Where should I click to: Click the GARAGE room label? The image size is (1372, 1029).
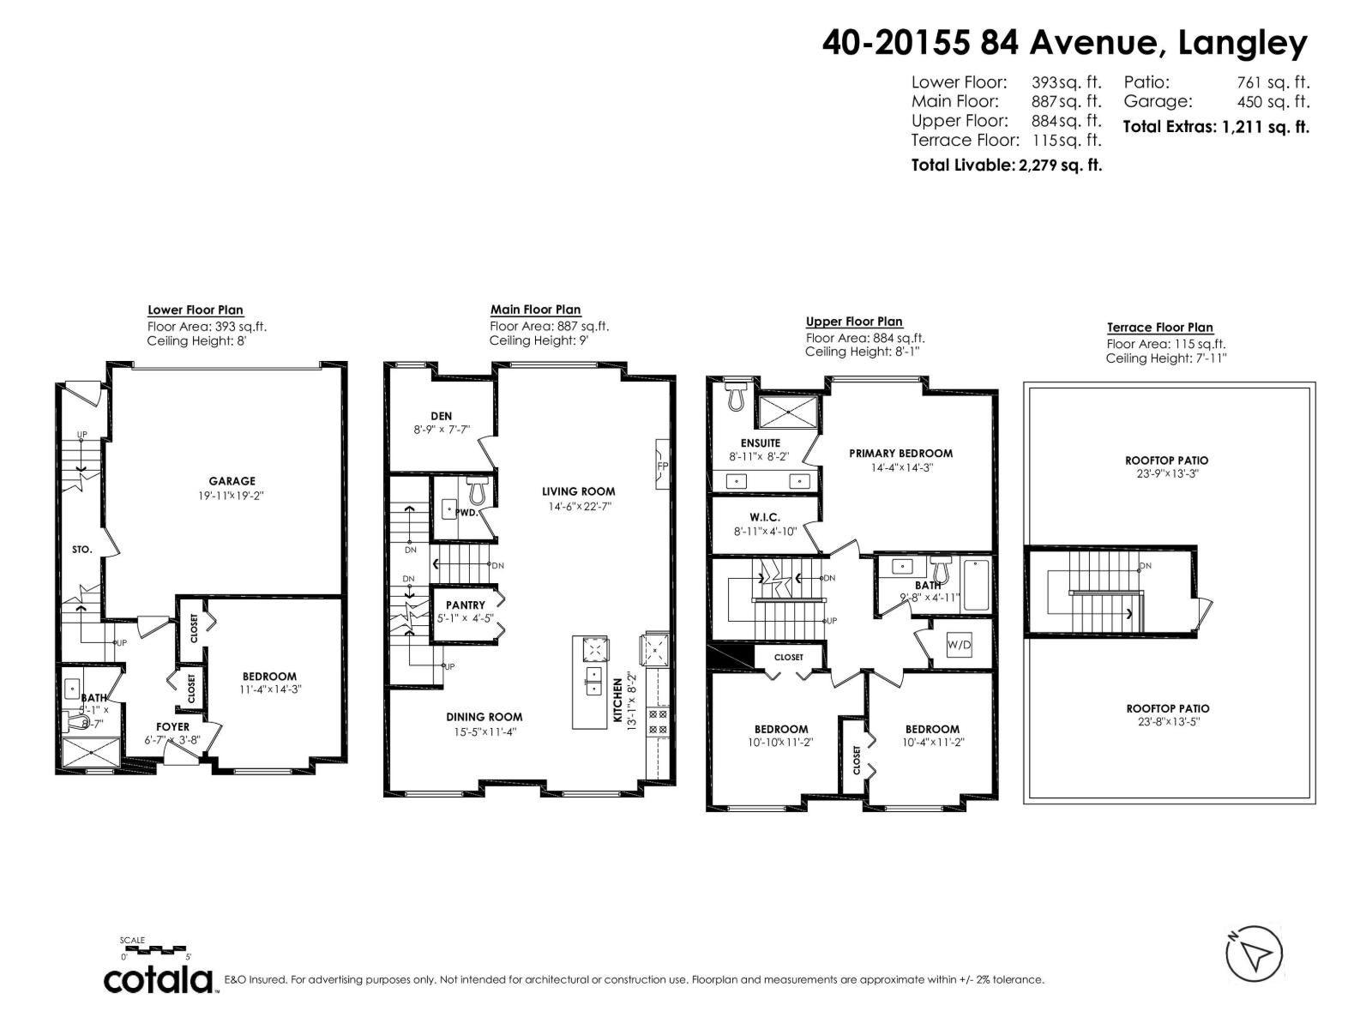[232, 481]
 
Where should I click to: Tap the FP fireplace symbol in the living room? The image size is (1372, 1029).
[662, 466]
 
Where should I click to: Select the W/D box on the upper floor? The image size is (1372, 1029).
[958, 645]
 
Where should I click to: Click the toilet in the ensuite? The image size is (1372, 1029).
[736, 395]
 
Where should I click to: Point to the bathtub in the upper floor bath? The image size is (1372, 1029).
[977, 585]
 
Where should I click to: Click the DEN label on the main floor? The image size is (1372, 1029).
[442, 416]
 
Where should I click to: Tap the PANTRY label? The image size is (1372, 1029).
[465, 605]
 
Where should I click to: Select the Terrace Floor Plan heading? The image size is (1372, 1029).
[1159, 327]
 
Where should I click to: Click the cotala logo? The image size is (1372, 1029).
[159, 979]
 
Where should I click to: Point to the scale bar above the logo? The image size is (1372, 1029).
[155, 949]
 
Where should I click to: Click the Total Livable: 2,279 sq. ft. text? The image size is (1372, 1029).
[1006, 165]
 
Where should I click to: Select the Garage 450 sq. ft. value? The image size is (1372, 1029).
[1273, 101]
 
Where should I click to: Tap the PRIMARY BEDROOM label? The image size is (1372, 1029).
[900, 453]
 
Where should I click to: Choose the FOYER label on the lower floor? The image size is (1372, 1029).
[172, 726]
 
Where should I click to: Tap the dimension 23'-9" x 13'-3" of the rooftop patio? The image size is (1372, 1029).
[1166, 473]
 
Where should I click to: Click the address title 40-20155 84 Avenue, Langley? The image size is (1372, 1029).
[1064, 41]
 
